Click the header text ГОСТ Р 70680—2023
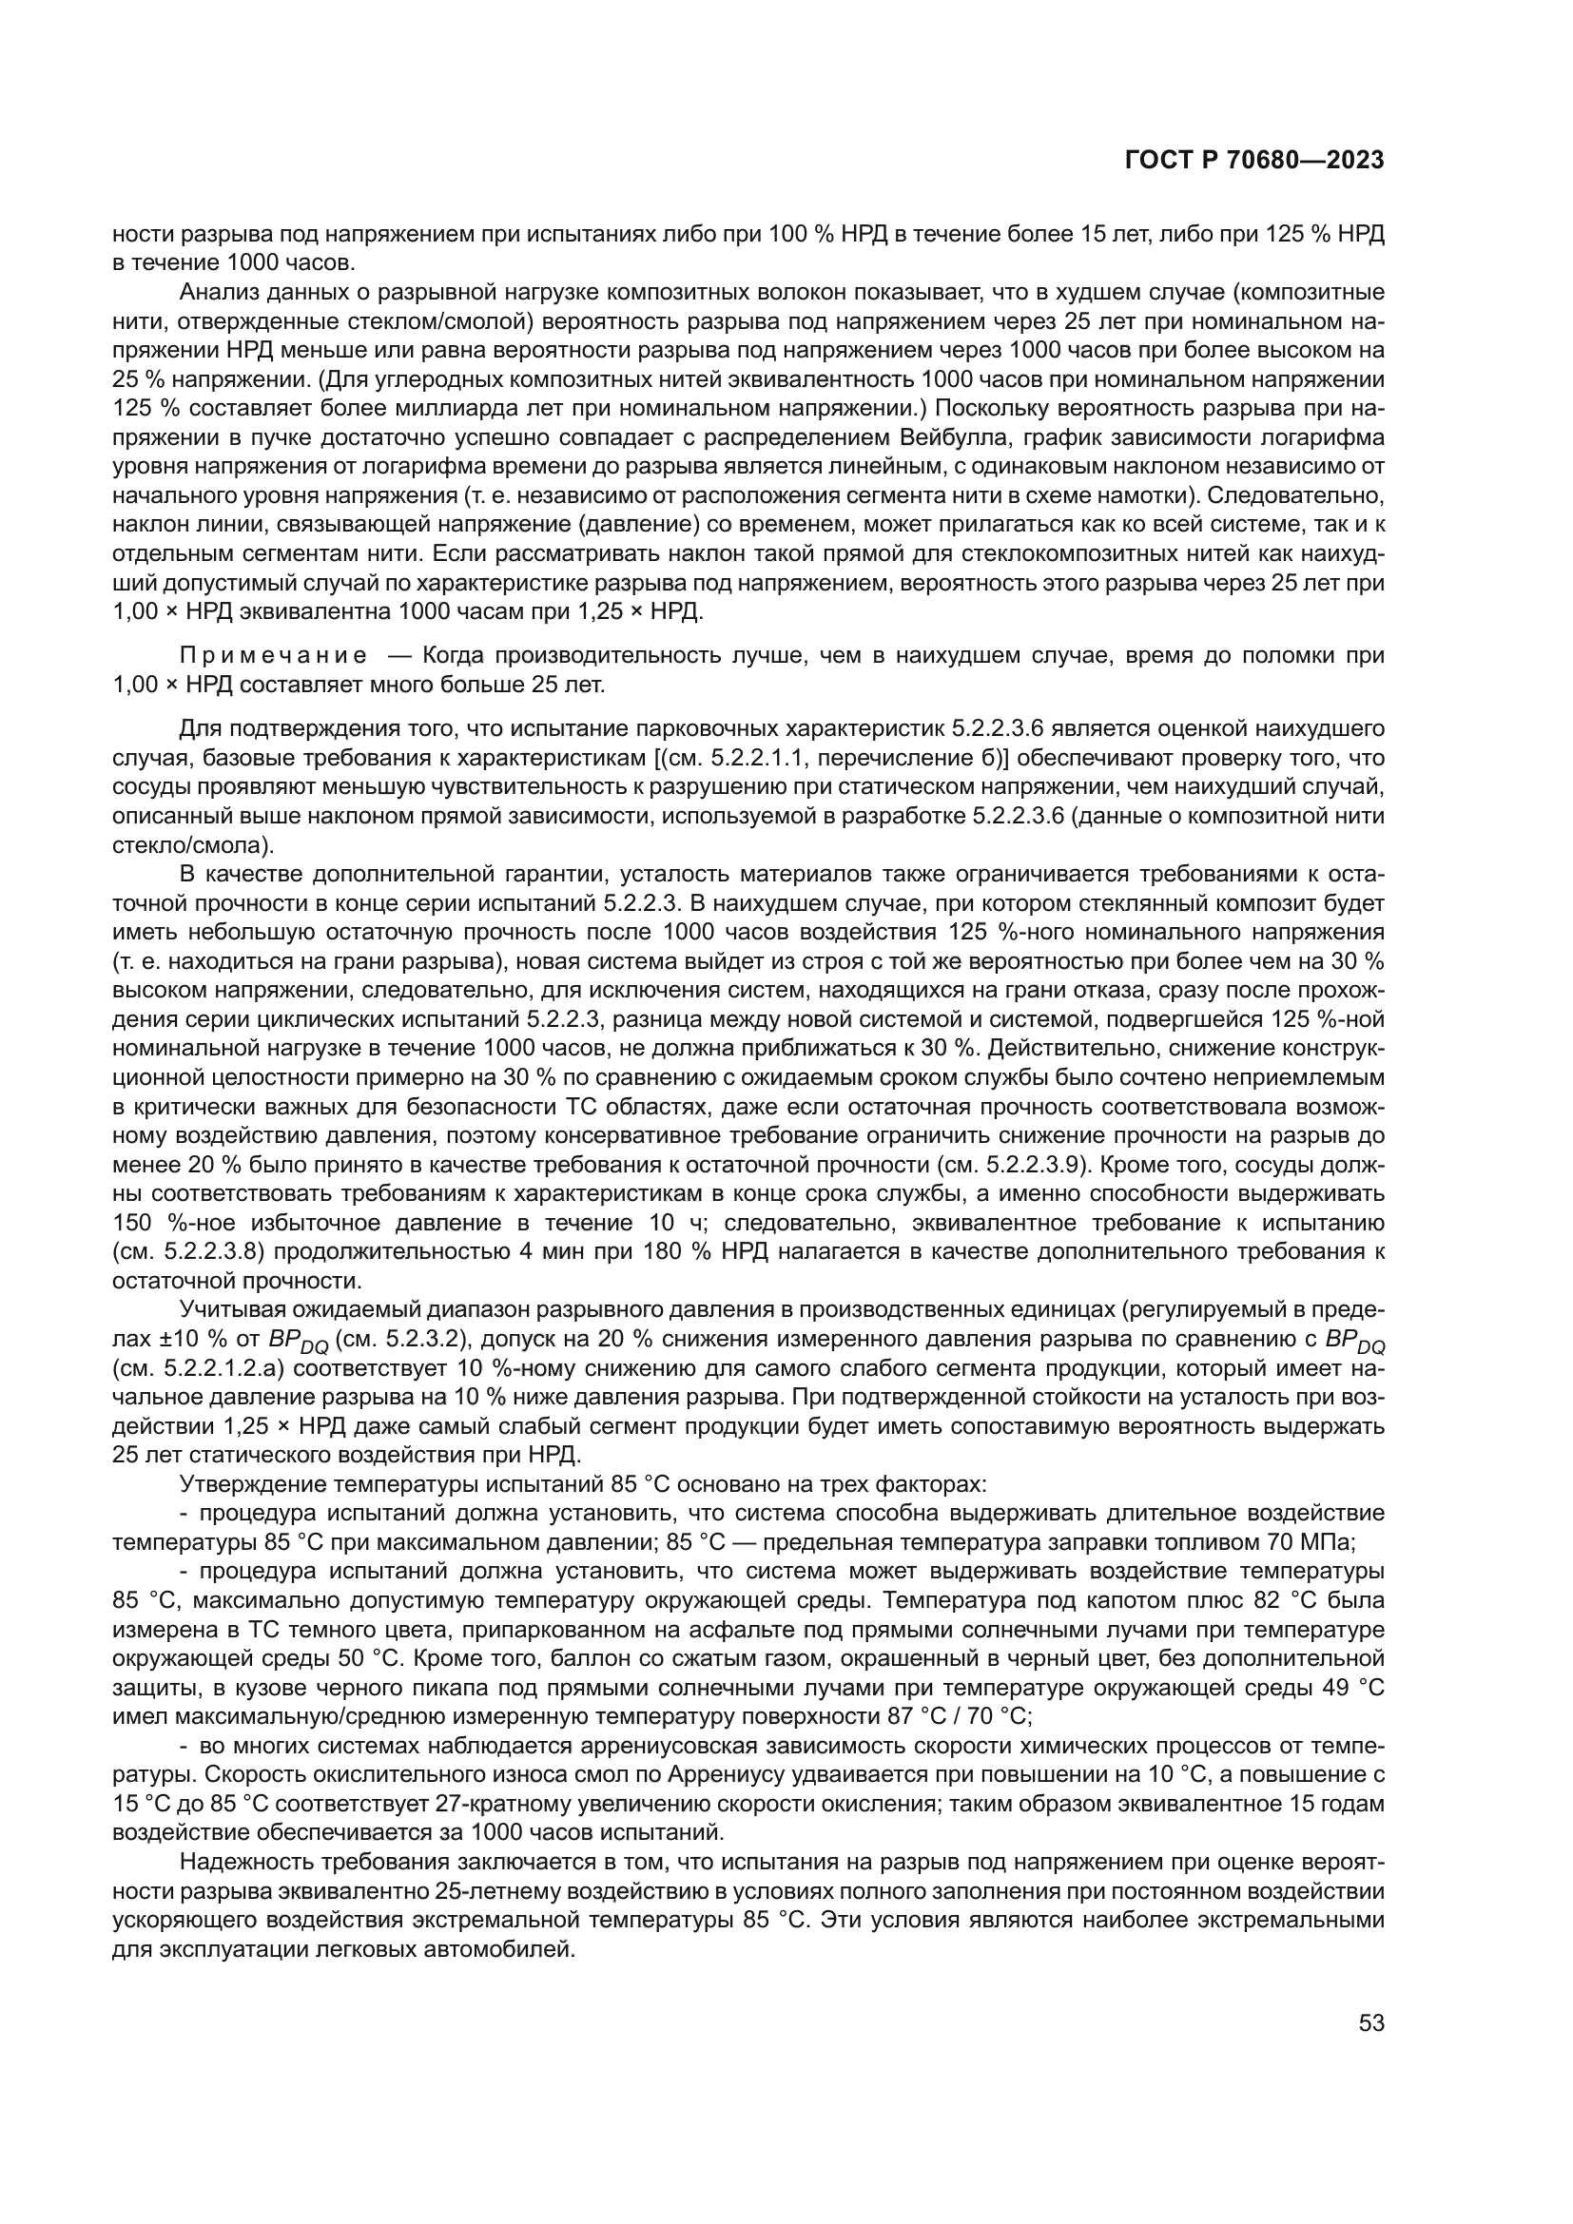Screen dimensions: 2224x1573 tap(1253, 161)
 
